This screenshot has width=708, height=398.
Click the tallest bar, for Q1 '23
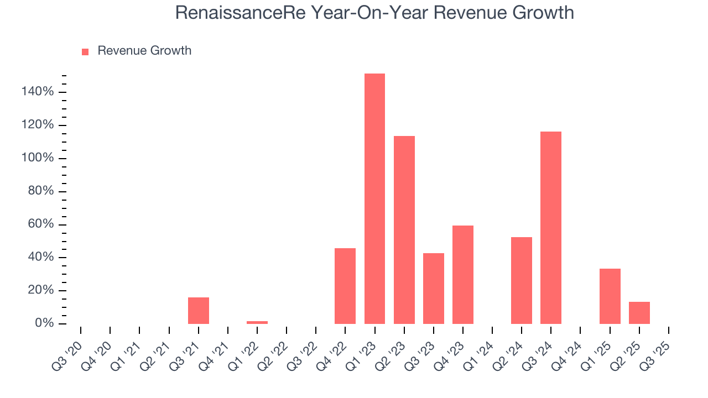click(x=374, y=199)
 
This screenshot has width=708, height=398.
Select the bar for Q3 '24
click(x=551, y=228)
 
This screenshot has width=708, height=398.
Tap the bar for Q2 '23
click(x=404, y=230)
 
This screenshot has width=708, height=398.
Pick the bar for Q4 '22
click(x=345, y=286)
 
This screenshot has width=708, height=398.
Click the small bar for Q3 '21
click(x=199, y=311)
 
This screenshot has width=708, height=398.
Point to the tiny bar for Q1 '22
click(x=257, y=322)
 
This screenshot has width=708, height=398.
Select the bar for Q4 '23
click(x=463, y=275)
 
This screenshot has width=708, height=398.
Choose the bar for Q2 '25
click(x=639, y=313)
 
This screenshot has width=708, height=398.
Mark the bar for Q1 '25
click(x=610, y=296)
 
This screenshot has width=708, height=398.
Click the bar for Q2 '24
click(x=522, y=280)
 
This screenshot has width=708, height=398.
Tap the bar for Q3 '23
click(x=434, y=289)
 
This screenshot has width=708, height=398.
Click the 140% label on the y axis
click(x=38, y=92)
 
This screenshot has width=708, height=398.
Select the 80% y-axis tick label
click(x=41, y=191)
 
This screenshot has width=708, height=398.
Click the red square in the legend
click(x=85, y=51)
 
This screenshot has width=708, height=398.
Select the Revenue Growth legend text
click(x=144, y=51)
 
